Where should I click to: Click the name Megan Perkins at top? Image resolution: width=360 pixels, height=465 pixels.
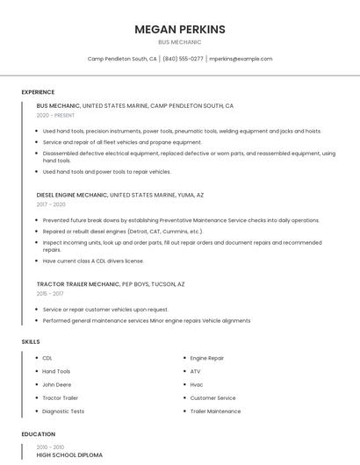tap(180, 29)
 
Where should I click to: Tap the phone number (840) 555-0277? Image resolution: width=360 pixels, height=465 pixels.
tap(183, 59)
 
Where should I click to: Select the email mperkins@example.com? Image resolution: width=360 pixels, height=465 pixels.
tap(241, 59)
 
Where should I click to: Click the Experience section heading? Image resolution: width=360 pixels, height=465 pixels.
tap(38, 92)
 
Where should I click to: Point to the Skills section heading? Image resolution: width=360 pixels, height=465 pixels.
tap(31, 341)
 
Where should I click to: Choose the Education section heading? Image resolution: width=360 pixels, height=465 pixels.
tap(38, 434)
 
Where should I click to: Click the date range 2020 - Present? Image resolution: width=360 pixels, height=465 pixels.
tap(55, 115)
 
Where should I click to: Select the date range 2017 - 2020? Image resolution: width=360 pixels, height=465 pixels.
tap(51, 204)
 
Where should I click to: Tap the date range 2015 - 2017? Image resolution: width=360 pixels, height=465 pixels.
tap(51, 294)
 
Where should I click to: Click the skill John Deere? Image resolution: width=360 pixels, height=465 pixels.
tap(56, 384)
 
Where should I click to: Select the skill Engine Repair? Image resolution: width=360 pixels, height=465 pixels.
tap(207, 358)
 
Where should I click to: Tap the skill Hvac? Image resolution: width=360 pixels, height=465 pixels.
tap(197, 384)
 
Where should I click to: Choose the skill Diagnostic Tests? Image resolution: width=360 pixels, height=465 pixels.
tap(63, 411)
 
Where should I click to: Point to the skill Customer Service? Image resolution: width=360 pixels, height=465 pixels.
tap(212, 397)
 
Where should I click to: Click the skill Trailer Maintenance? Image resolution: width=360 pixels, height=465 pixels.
tap(215, 411)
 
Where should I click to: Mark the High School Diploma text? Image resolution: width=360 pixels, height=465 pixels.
tap(69, 455)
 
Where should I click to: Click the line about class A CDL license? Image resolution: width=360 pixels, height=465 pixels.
tap(93, 261)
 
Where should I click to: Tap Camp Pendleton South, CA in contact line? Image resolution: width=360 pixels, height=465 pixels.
tap(122, 59)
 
